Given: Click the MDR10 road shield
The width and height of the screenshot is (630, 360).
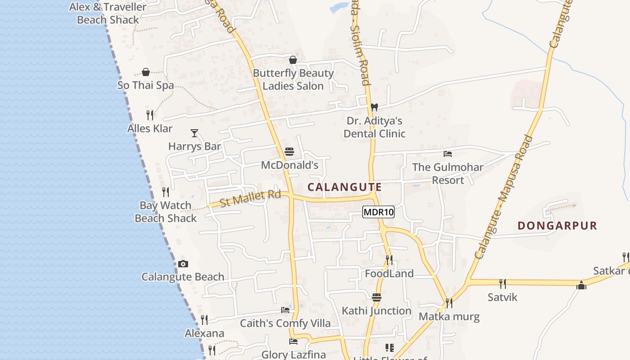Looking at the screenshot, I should pos(378,212).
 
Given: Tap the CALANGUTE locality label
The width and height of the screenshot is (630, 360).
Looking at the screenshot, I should pos(345,187).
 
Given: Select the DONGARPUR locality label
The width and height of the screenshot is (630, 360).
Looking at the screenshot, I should pos(557,225).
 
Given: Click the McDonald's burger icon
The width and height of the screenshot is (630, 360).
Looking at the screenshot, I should pos(289,152).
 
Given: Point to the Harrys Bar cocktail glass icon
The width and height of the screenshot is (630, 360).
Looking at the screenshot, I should pos(194,133).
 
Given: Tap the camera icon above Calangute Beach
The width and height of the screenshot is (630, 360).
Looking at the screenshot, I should pos(183,264).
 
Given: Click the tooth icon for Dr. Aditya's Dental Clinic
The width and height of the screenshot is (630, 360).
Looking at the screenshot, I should pos(373,107).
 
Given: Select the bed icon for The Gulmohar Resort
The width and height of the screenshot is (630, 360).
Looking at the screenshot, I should pos(447,154).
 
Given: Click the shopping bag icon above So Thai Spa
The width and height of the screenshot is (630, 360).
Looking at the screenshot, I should pos(146,72).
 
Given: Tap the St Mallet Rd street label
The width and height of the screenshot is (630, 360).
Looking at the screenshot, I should pos(251,198).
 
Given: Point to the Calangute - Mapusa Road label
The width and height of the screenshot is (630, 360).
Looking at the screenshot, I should pos(504,197).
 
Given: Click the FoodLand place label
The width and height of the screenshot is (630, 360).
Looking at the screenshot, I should pos(389,274).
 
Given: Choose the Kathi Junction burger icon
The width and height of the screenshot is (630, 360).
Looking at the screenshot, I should pos(377,297).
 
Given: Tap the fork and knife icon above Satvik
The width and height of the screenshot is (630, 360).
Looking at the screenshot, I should pos(502,283).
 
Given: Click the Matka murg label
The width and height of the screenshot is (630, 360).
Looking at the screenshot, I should pos(449,316).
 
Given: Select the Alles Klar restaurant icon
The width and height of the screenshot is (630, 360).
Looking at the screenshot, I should pos(150,115).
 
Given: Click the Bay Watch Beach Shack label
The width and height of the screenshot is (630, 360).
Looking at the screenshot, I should pos(166,212).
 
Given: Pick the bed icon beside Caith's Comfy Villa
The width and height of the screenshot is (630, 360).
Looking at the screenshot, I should pos(285,310).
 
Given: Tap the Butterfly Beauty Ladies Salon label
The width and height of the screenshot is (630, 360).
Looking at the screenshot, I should pos(293,80).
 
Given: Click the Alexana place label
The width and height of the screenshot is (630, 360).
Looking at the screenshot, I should pos(204,333).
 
